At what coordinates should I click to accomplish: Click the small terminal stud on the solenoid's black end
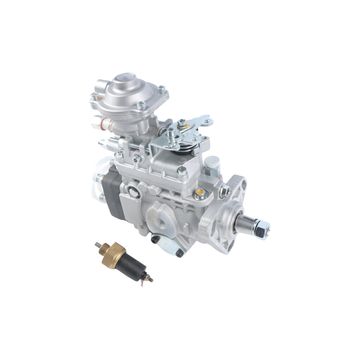click(150, 280)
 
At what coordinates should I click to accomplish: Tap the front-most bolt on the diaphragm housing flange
click(141, 105)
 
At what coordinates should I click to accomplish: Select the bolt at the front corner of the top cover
click(182, 171)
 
